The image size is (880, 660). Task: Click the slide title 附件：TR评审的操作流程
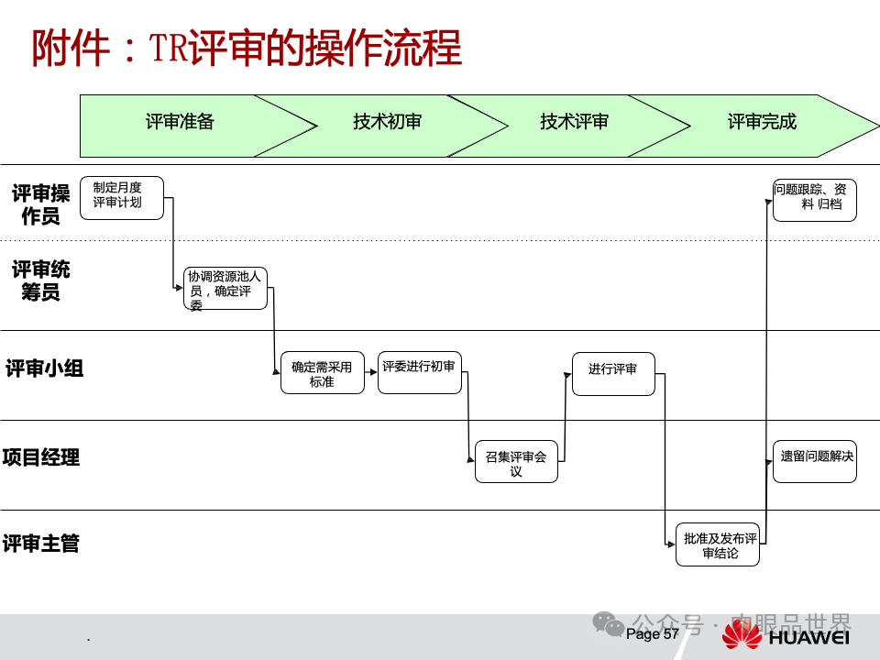coord(247,49)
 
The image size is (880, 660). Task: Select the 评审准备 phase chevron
coord(180,122)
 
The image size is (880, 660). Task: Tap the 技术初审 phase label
coord(387,122)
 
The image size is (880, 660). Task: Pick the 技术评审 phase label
coord(574,122)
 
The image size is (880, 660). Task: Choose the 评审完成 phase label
coord(762,122)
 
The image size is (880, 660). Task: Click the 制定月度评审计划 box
coord(122,197)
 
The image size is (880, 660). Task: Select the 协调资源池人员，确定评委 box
coord(225,289)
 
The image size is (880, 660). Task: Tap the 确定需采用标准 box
coord(322,373)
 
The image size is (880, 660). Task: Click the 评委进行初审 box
coord(419,372)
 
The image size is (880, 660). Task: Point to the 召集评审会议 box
coord(516,462)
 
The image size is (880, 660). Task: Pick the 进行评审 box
coord(613,373)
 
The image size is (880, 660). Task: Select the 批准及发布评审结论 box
coord(718,545)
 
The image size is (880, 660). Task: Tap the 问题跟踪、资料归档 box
coord(815,200)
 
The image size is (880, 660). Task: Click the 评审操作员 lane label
coord(41,204)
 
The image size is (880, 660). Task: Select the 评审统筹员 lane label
coord(41,280)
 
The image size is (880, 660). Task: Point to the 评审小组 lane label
coord(44,368)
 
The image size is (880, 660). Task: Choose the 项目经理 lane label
coord(40,457)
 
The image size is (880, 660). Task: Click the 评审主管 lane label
coord(40,544)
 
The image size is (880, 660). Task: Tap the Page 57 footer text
coord(653,633)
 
